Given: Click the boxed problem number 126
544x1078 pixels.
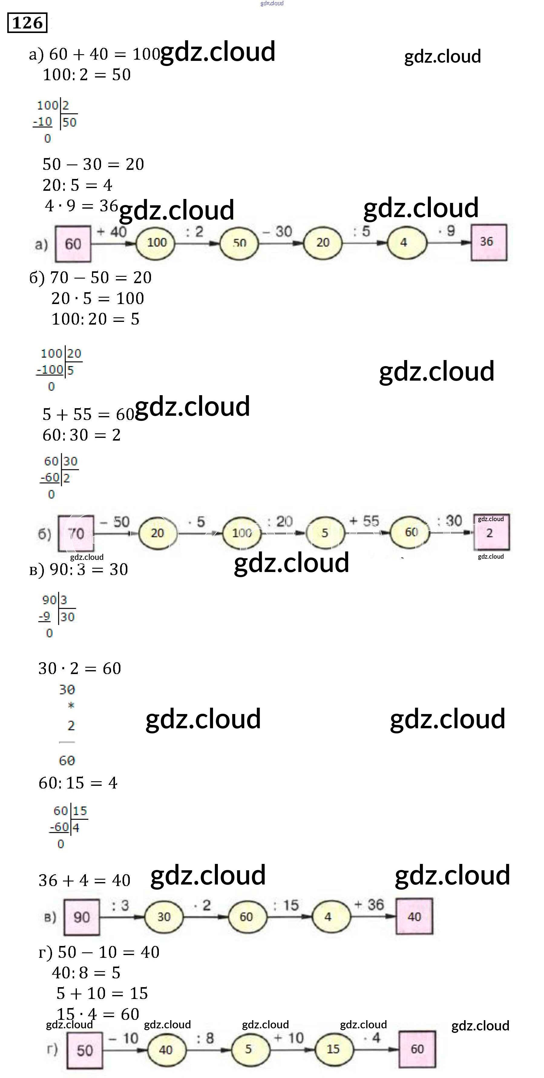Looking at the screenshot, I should click(27, 23).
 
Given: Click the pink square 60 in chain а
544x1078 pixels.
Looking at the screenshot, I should click(73, 243).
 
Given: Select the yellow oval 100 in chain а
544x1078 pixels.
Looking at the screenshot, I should click(157, 242).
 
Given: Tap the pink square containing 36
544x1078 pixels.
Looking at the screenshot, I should click(488, 242).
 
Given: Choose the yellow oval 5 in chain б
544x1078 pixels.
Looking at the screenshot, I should click(325, 533).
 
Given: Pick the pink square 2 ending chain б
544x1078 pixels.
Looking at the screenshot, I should click(491, 533).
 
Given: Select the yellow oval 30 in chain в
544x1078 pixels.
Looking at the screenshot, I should click(164, 917).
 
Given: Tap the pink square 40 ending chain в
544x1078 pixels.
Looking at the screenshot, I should click(414, 917).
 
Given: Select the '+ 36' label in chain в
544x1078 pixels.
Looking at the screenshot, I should click(369, 905).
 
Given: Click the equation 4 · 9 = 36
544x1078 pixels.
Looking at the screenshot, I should click(81, 206).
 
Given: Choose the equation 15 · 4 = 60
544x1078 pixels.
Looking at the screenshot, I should click(98, 1014).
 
